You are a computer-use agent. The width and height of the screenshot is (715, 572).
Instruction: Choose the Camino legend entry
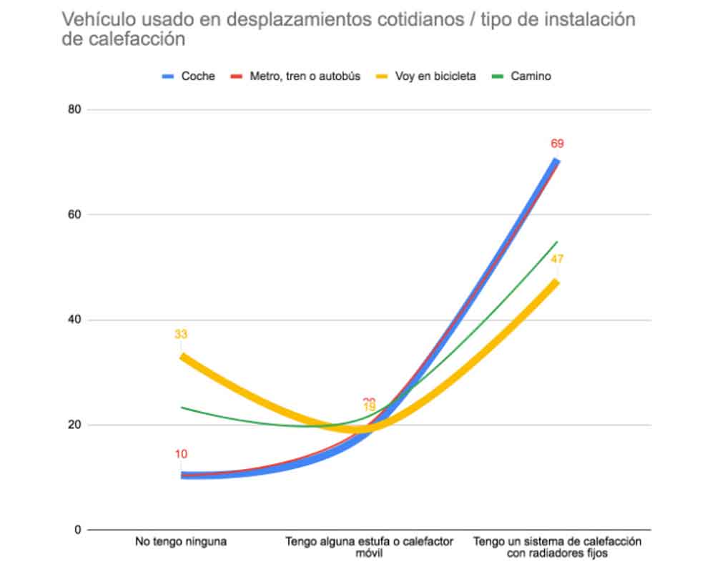tap(531, 76)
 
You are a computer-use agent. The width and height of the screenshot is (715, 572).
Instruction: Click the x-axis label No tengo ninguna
tap(181, 542)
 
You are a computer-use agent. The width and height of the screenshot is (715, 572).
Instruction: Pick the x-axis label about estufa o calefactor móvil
tap(369, 548)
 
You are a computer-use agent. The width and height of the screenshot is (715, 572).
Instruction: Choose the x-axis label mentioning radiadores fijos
tap(557, 548)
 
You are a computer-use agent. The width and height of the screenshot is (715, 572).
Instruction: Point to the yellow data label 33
tap(181, 334)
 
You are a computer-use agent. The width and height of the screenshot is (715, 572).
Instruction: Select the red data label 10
tap(181, 454)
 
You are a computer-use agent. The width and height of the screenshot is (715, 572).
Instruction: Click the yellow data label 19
tap(369, 408)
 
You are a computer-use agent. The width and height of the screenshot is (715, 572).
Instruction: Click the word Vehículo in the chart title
tap(94, 19)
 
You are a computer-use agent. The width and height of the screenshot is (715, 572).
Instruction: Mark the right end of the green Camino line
tap(557, 242)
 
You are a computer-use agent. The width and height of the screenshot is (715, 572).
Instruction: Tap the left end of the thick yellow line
tap(182, 355)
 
